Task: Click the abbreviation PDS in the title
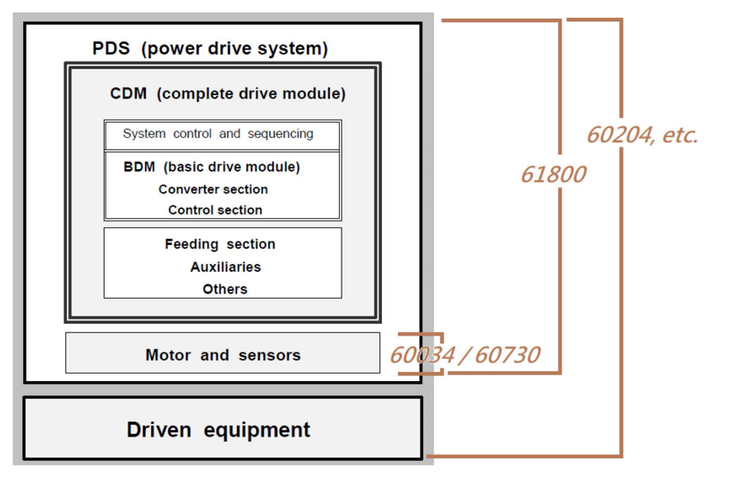pyautogui.click(x=111, y=48)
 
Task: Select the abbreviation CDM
pyautogui.click(x=128, y=93)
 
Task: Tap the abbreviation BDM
pyautogui.click(x=139, y=167)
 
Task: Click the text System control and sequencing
pyautogui.click(x=218, y=134)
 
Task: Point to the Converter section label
pyautogui.click(x=214, y=190)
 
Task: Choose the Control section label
pyautogui.click(x=216, y=210)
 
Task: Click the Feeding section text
pyautogui.click(x=220, y=244)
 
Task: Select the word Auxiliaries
pyautogui.click(x=225, y=267)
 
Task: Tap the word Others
pyautogui.click(x=225, y=289)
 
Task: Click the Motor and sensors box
pyautogui.click(x=223, y=352)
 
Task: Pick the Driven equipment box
pyautogui.click(x=223, y=428)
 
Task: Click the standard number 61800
pyautogui.click(x=554, y=174)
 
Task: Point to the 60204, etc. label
pyautogui.click(x=642, y=135)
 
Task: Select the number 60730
pyautogui.click(x=507, y=355)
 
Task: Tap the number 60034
pyautogui.click(x=422, y=355)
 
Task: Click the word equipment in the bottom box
pyautogui.click(x=257, y=430)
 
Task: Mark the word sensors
pyautogui.click(x=269, y=355)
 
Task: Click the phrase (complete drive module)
pyautogui.click(x=251, y=94)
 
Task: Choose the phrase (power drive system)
pyautogui.click(x=234, y=49)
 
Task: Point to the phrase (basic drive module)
pyautogui.click(x=232, y=167)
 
